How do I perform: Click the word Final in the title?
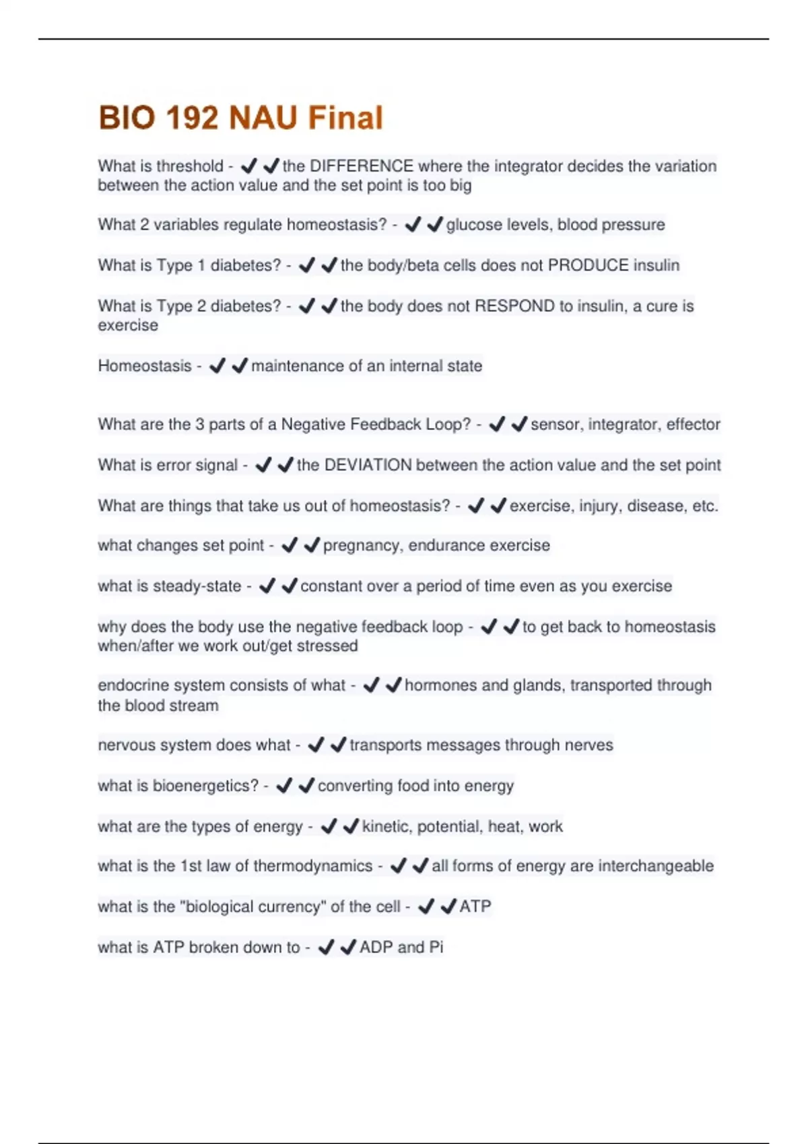click(345, 118)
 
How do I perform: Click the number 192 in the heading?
click(192, 118)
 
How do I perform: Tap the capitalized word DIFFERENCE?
click(362, 166)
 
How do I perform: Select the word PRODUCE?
click(588, 265)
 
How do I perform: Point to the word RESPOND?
click(514, 306)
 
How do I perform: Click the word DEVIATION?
click(368, 465)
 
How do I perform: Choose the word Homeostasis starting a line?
click(145, 366)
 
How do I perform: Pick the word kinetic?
click(387, 826)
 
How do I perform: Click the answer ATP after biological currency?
click(475, 906)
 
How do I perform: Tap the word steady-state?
click(197, 586)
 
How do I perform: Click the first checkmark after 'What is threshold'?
click(248, 166)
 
